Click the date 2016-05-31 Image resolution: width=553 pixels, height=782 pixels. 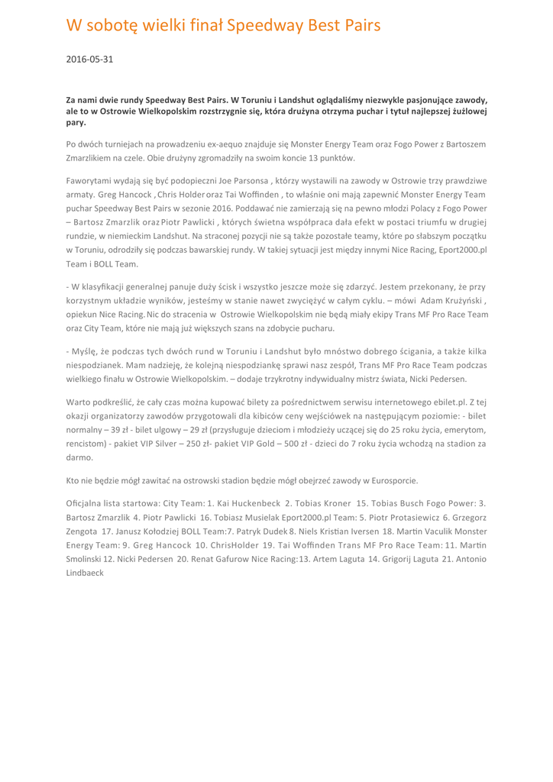click(89, 59)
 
